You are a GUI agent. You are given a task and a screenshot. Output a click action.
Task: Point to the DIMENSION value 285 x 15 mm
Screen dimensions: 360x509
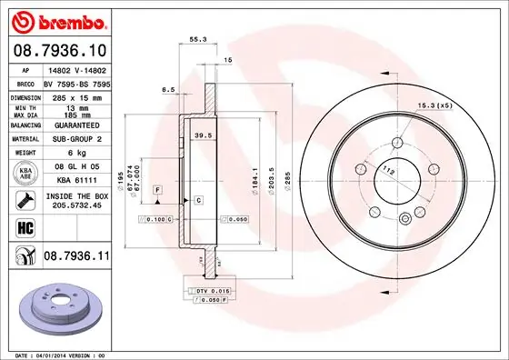pyautogui.click(x=75, y=95)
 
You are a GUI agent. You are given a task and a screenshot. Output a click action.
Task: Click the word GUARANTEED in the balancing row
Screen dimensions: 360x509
pyautogui.click(x=75, y=125)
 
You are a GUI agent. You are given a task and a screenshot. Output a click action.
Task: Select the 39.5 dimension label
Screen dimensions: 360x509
pyautogui.click(x=205, y=135)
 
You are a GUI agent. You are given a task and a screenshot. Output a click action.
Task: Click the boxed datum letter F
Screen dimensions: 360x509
pyautogui.click(x=157, y=188)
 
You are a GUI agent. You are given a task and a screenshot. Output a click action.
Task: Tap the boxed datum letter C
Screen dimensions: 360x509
pyautogui.click(x=197, y=198)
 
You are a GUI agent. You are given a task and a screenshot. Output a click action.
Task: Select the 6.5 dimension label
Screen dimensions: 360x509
pyautogui.click(x=168, y=90)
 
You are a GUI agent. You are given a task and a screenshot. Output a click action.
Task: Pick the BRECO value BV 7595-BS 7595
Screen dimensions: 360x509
pyautogui.click(x=75, y=82)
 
